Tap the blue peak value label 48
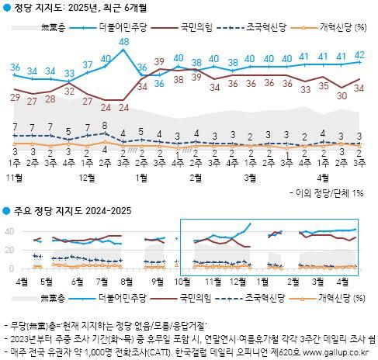[x=123, y=41]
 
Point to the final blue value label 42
[x=359, y=54]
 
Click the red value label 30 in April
[x=341, y=95]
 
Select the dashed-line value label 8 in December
[x=105, y=125]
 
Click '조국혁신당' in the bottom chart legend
[x=266, y=296]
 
